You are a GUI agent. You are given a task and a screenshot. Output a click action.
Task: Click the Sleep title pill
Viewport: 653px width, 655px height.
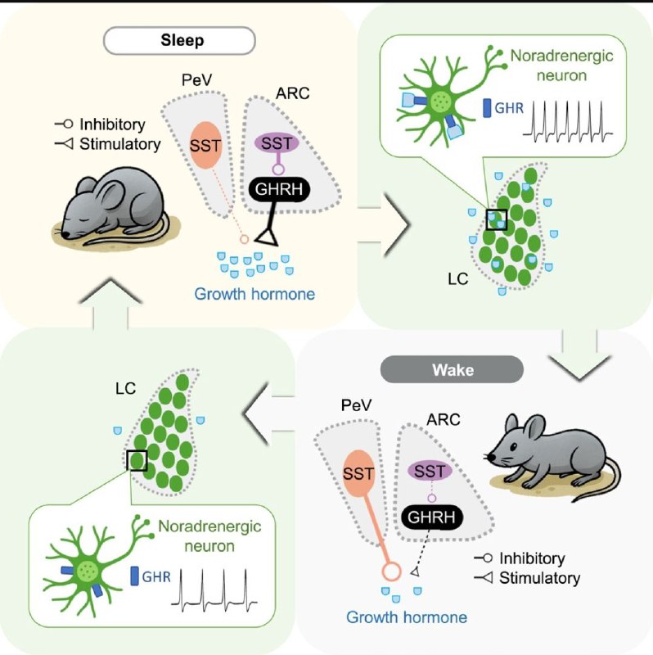coord(179,39)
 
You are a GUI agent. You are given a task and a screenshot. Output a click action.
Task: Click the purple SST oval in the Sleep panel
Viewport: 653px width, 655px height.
coord(279,142)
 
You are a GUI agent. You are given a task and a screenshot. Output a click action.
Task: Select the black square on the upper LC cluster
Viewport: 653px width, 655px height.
coord(496,219)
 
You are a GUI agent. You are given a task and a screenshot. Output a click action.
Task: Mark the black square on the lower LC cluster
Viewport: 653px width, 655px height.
coord(137,460)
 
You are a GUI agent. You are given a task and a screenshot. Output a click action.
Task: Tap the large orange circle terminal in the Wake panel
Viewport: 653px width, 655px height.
coord(389,571)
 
